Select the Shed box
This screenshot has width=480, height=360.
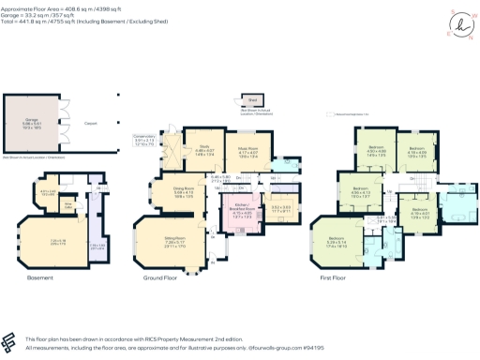click(x=251, y=100)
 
